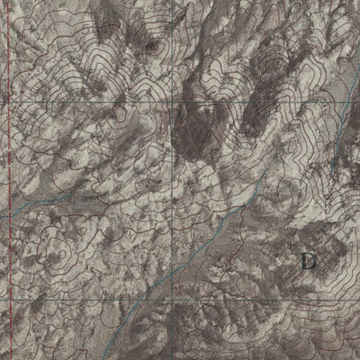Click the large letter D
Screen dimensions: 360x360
(x=309, y=262)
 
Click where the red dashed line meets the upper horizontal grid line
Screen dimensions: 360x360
(x=8, y=102)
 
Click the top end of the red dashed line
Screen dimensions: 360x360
(x=7, y=2)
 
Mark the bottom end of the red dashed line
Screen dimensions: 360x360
(x=11, y=357)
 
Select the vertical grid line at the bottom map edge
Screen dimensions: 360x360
(x=172, y=357)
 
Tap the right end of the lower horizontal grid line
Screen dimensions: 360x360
(x=357, y=298)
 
